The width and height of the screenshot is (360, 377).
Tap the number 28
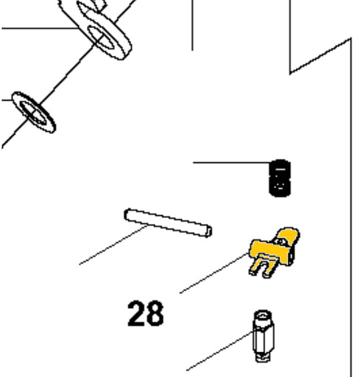point(146,314)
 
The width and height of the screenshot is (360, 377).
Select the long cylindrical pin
point(168,223)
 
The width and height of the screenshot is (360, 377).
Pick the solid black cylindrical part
point(280,178)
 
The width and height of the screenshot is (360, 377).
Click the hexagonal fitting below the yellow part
point(264,336)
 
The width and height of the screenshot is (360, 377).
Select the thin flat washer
point(34,113)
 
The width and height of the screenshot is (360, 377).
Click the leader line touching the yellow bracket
point(214,273)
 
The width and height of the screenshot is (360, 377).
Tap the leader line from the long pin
point(113,244)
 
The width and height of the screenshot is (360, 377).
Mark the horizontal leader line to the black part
point(231,162)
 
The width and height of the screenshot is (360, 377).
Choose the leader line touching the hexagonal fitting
point(219,350)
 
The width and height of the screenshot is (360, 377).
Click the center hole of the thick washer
point(101,38)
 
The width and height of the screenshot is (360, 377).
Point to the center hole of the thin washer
point(33,113)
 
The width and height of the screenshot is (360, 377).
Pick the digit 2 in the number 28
point(135,314)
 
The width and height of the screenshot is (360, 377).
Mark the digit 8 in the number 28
point(155,314)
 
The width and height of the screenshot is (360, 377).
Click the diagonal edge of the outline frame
point(320,55)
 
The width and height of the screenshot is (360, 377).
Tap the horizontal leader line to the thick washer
point(40,28)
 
